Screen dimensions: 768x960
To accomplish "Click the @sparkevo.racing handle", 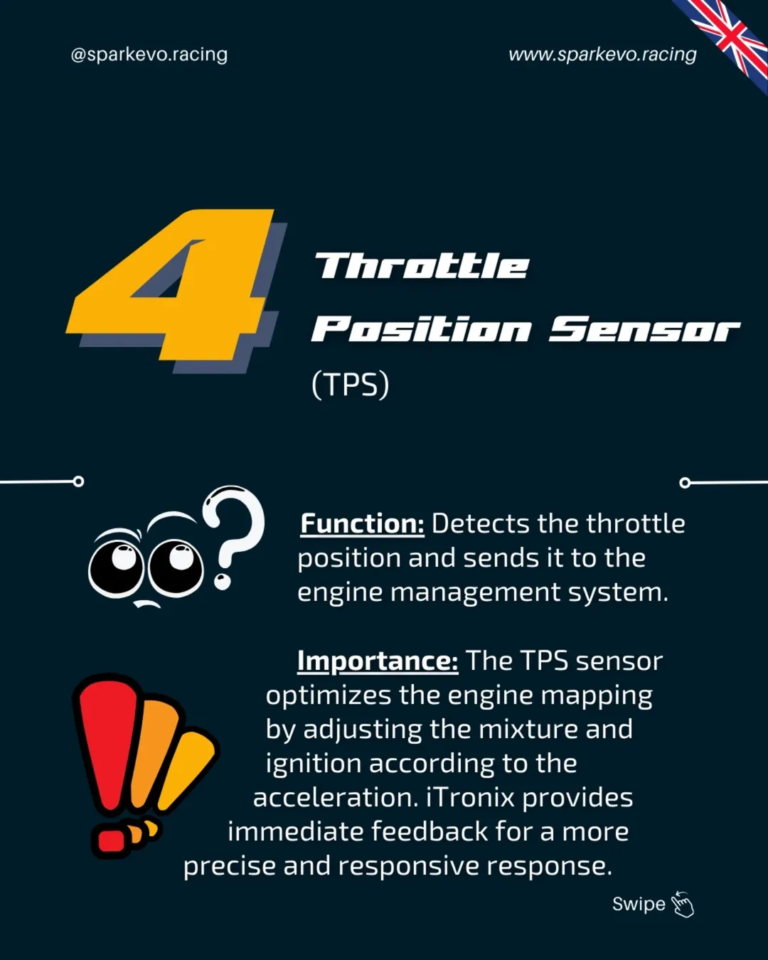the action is [149, 55].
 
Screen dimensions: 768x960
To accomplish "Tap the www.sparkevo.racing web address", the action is [602, 55].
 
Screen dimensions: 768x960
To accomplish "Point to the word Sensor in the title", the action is [644, 329].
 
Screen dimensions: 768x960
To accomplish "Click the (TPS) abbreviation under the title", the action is [351, 385].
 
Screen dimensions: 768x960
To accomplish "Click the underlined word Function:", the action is [362, 523].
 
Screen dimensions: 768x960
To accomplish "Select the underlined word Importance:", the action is [378, 661].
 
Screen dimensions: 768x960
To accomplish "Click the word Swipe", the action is [639, 905].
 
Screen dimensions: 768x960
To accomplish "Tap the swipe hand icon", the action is [683, 905].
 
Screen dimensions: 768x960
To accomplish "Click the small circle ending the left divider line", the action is [78, 481].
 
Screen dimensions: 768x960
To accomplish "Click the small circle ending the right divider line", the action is [685, 483].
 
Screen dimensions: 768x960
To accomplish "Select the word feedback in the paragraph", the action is [430, 831].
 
